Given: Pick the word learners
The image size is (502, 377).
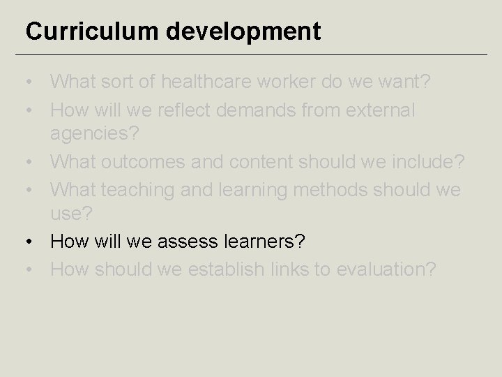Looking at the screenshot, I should (x=264, y=242).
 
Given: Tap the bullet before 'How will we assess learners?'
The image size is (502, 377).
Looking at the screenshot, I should (x=30, y=242).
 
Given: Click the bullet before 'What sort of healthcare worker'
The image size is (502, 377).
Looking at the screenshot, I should (x=30, y=82).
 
